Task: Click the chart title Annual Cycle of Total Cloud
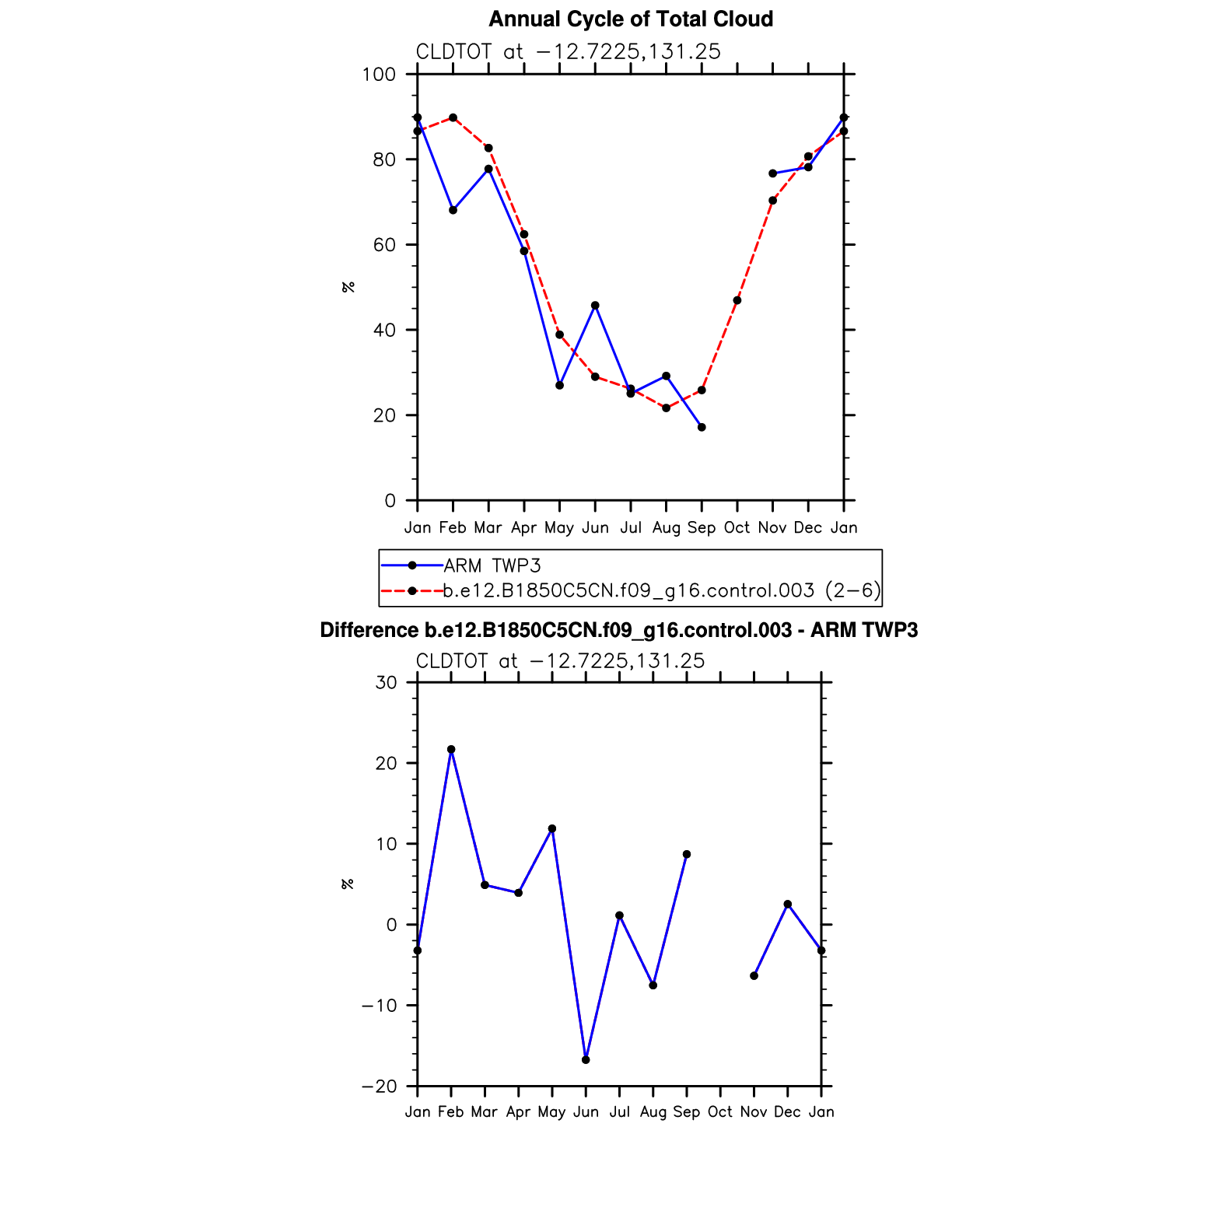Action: tap(631, 19)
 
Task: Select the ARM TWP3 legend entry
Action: tap(492, 565)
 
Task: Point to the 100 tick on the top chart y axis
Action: tap(379, 75)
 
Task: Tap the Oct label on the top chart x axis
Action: tap(737, 528)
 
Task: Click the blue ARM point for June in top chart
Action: tap(595, 306)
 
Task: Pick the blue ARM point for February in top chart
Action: tap(453, 210)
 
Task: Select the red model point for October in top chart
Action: tap(737, 300)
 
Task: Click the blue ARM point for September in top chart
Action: tap(702, 427)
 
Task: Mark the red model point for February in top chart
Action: tap(453, 117)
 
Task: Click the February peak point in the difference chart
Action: tap(451, 750)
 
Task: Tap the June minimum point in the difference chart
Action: tap(586, 1060)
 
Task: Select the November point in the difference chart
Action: tap(754, 975)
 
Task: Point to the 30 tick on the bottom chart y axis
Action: tap(386, 683)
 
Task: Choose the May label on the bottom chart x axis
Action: tap(551, 1112)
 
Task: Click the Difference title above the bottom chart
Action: tap(618, 630)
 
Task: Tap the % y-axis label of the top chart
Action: tap(348, 287)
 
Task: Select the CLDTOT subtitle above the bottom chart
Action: tap(560, 661)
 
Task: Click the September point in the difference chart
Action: tap(687, 854)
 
